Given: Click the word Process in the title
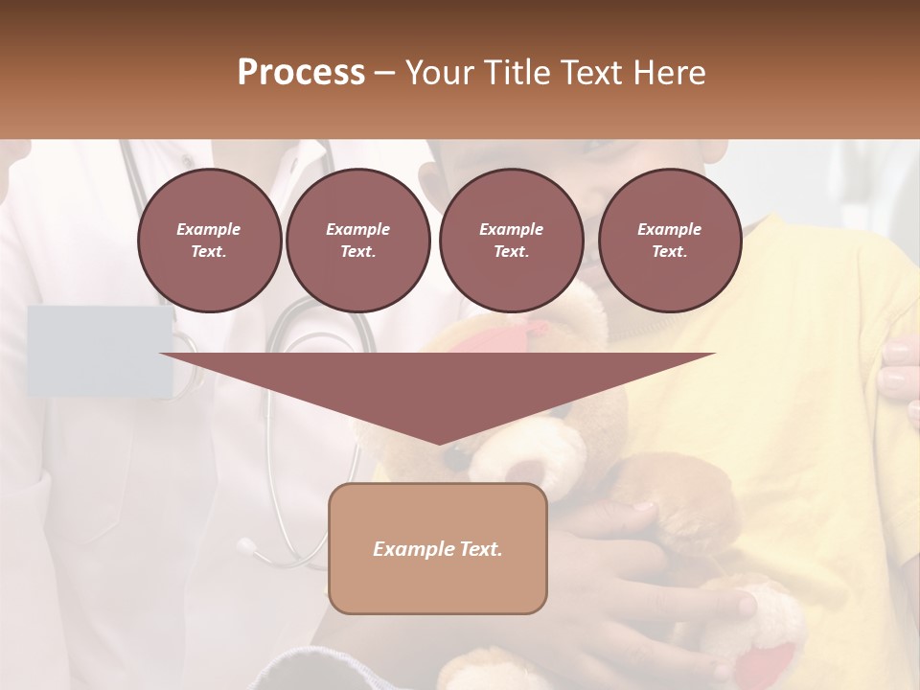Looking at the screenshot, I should pyautogui.click(x=301, y=73).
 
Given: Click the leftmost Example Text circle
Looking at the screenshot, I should pyautogui.click(x=209, y=241).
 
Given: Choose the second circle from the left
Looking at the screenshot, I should pyautogui.click(x=357, y=241).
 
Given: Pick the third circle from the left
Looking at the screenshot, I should pyautogui.click(x=511, y=241).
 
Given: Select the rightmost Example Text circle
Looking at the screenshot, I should pyautogui.click(x=669, y=241).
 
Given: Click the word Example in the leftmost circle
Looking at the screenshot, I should pyautogui.click(x=209, y=229).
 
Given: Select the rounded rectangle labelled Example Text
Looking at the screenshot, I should pyautogui.click(x=438, y=548).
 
